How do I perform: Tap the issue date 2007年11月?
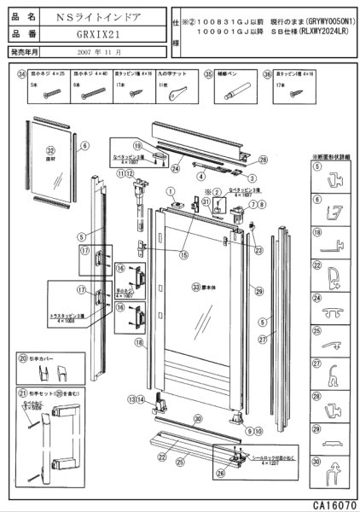[x=97, y=53]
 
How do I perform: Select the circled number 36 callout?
[x=267, y=74]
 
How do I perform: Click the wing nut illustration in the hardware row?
[x=176, y=90]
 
